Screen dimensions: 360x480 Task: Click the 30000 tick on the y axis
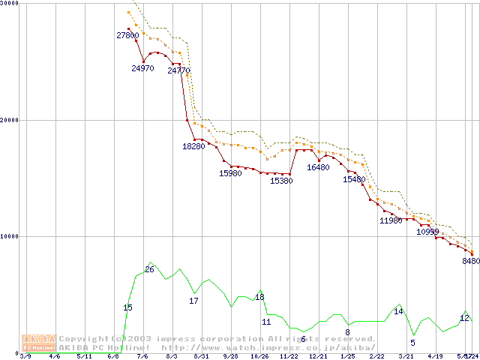(x=10, y=4)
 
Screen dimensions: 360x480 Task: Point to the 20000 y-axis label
(x=10, y=120)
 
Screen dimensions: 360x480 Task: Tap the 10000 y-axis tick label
(x=10, y=236)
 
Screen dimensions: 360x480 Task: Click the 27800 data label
(x=127, y=35)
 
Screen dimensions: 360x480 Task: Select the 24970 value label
(x=142, y=68)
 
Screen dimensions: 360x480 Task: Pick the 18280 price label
(x=193, y=146)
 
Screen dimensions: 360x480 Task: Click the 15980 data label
(x=230, y=173)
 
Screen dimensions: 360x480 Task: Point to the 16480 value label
(x=318, y=167)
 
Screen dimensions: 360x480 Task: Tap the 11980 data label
(x=391, y=220)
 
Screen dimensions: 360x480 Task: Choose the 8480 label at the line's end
(x=470, y=261)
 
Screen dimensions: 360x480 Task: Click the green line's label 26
(x=149, y=269)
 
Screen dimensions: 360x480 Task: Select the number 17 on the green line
(x=193, y=301)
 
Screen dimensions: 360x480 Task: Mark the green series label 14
(x=398, y=311)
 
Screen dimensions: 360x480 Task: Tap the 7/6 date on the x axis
(x=142, y=356)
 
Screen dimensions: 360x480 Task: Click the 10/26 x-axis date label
(x=259, y=356)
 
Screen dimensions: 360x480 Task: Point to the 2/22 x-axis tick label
(x=376, y=356)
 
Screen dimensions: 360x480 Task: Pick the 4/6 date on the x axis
(x=55, y=356)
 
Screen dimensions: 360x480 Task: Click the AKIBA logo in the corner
(x=39, y=343)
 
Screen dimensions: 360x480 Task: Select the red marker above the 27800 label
(x=128, y=28)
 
